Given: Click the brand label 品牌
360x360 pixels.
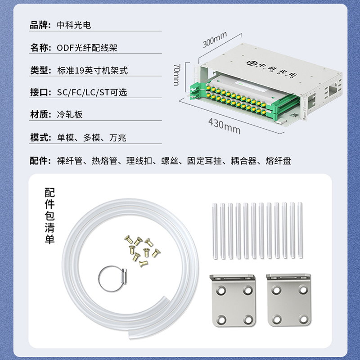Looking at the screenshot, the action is point(38,25).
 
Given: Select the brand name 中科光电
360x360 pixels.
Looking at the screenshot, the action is point(74,25).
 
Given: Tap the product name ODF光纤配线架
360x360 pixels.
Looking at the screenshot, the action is point(87,48).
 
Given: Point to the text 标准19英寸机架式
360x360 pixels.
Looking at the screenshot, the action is point(93,70).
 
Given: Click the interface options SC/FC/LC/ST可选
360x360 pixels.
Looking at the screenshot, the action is point(92,92).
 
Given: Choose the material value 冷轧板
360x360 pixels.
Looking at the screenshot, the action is point(70,114).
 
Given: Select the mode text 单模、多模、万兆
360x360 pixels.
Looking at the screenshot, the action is point(92,138).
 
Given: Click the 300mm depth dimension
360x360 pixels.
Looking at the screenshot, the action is point(215,39).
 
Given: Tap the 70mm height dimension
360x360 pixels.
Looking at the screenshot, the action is point(177,75).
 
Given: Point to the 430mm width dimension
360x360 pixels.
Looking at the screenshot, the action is point(224,126).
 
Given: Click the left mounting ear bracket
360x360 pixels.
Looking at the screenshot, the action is point(233,300).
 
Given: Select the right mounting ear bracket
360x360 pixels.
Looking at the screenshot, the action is point(288,300).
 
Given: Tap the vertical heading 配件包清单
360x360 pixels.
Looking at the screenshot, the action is point(49,216).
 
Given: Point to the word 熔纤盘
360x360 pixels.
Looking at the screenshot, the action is point(278,161).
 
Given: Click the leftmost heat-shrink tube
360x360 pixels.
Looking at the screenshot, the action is point(215,231).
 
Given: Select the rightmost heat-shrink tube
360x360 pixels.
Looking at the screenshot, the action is point(300,230).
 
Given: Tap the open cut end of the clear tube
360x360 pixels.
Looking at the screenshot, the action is point(130,335).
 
